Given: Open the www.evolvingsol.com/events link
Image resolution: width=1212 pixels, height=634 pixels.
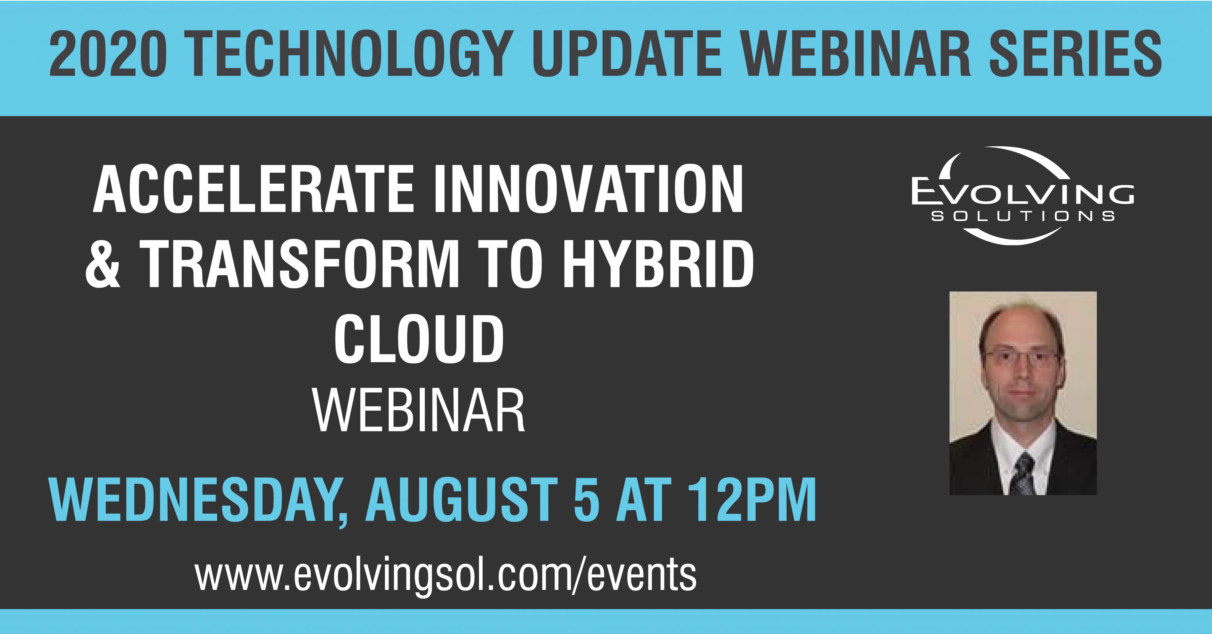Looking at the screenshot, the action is click(x=446, y=575).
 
